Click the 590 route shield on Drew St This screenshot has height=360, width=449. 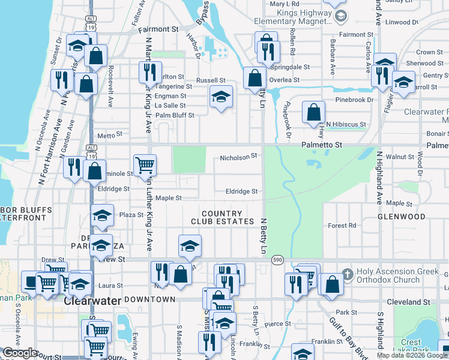(277, 259)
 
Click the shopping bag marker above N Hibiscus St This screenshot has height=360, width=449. (313, 112)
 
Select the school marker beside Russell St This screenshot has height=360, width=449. (221, 96)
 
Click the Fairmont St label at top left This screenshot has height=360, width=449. (158, 28)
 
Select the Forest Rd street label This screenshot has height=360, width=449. (342, 226)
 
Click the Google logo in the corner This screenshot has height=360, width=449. (20, 353)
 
